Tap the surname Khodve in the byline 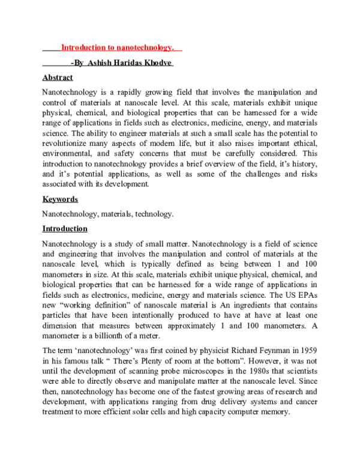coord(157,63)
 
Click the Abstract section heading coord(58,77)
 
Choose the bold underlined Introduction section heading coord(65,229)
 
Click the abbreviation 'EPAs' coord(305,295)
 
